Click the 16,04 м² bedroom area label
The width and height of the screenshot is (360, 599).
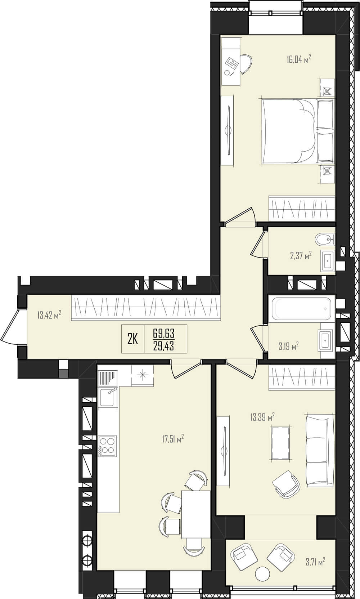pyautogui.click(x=299, y=59)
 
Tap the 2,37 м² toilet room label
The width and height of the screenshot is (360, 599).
pyautogui.click(x=301, y=255)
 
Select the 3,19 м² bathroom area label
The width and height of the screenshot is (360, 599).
pyautogui.click(x=289, y=346)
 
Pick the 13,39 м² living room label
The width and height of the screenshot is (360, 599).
pyautogui.click(x=262, y=417)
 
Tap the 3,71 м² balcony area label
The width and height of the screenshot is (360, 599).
pyautogui.click(x=315, y=561)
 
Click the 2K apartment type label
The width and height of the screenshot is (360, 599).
pyautogui.click(x=132, y=339)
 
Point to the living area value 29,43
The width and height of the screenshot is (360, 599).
pyautogui.click(x=163, y=346)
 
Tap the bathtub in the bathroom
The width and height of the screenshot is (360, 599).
pyautogui.click(x=301, y=308)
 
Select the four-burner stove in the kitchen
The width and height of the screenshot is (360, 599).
pyautogui.click(x=107, y=446)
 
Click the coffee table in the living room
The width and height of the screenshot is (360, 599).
pyautogui.click(x=280, y=443)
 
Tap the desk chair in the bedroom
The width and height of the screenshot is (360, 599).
pyautogui.click(x=246, y=64)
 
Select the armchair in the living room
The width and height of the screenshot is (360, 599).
pyautogui.click(x=286, y=484)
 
